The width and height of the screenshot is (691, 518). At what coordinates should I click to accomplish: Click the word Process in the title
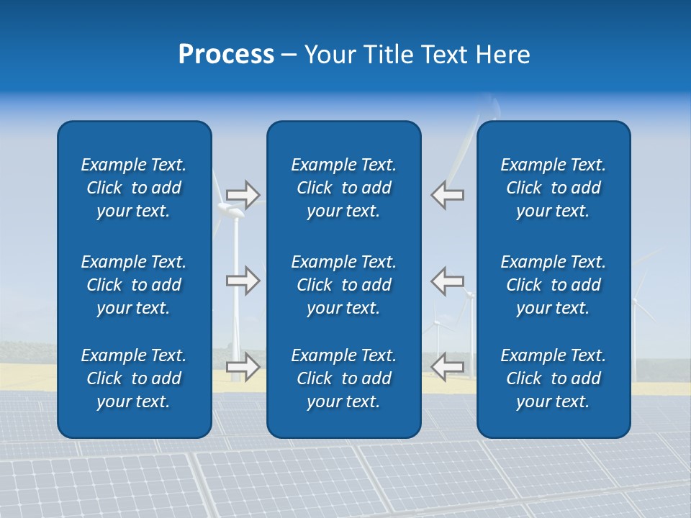tap(226, 55)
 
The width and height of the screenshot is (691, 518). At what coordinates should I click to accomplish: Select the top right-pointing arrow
tap(243, 195)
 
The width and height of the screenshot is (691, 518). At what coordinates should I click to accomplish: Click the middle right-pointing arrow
tap(243, 281)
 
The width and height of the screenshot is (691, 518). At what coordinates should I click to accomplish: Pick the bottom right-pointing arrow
tap(243, 367)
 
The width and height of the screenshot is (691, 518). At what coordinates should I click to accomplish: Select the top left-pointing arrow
tap(447, 195)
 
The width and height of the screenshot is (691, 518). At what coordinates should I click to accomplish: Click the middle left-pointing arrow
tap(447, 281)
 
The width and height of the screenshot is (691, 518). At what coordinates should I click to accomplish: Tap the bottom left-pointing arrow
tap(447, 367)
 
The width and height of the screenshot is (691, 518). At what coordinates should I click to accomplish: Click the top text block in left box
tap(134, 188)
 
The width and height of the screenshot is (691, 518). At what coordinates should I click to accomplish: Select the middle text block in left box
tap(134, 285)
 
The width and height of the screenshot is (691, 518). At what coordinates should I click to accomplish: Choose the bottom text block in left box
tap(134, 378)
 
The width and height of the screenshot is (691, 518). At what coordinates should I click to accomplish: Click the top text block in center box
tap(343, 188)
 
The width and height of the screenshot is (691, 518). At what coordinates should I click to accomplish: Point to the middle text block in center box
tap(343, 285)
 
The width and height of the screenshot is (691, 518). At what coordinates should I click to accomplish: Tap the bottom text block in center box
tap(343, 378)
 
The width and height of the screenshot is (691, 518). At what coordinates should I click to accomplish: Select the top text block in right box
tap(553, 188)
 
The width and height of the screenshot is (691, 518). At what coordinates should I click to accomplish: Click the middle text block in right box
tap(553, 285)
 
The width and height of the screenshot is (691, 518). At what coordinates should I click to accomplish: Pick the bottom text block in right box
tap(553, 378)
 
